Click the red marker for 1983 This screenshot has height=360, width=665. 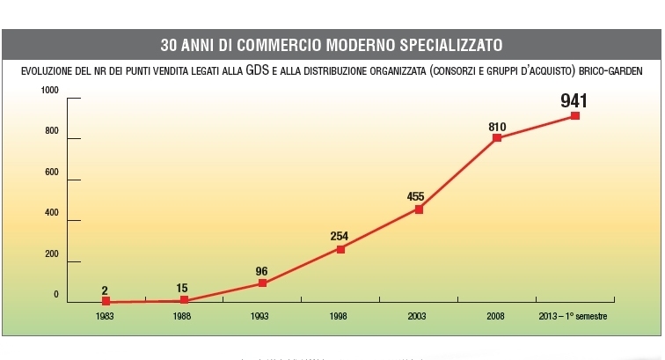tap(106, 301)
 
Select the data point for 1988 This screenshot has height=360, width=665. tap(184, 300)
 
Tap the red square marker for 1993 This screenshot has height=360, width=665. tap(262, 283)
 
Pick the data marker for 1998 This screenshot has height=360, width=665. tap(340, 249)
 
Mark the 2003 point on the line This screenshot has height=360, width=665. tap(419, 209)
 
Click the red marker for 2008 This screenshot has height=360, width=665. tap(497, 138)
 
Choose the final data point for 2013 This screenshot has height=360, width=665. tap(575, 115)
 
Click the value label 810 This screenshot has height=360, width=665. tap(497, 127)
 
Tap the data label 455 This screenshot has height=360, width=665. tap(417, 197)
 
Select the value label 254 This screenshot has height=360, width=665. tap(340, 236)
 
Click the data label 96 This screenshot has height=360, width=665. tap(261, 271)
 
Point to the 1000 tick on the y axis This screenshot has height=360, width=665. tap(49, 91)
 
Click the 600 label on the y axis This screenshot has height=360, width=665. tap(52, 173)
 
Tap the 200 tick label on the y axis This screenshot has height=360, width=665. tap(52, 254)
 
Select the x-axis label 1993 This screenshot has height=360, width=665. tap(261, 315)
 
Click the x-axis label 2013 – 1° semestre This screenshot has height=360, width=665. tap(573, 315)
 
